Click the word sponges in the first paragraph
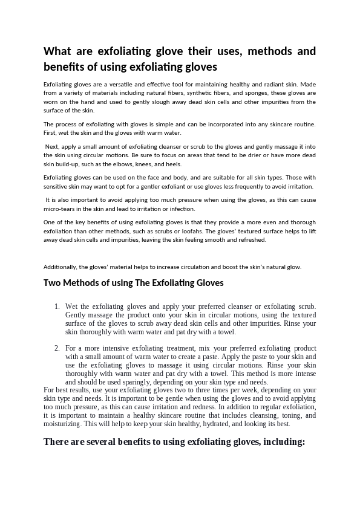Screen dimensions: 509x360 pos(237,94)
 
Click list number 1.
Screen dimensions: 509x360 pos(57,307)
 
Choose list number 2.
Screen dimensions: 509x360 pos(57,349)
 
